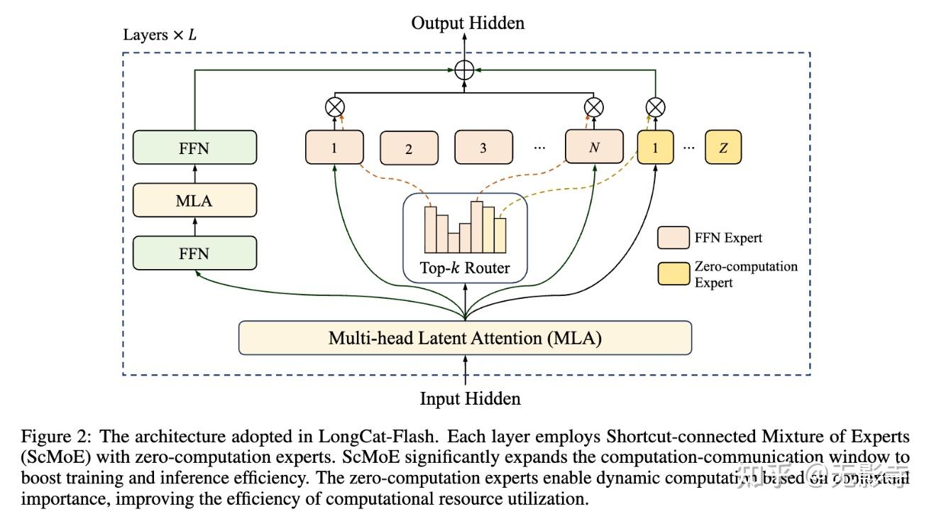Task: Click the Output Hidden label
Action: pyautogui.click(x=468, y=23)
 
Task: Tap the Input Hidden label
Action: pyautogui.click(x=470, y=398)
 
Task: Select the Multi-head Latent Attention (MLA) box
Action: pyautogui.click(x=465, y=338)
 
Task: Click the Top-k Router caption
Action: pyautogui.click(x=465, y=269)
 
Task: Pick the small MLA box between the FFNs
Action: pyautogui.click(x=194, y=200)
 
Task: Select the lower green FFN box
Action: pyautogui.click(x=194, y=253)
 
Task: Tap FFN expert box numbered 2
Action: pyautogui.click(x=408, y=149)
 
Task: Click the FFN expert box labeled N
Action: pyautogui.click(x=594, y=148)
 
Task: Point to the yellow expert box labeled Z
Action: pyautogui.click(x=723, y=148)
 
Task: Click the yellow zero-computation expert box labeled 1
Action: pyautogui.click(x=655, y=148)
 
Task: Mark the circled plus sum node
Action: pyautogui.click(x=464, y=70)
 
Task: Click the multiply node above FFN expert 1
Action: pyautogui.click(x=334, y=107)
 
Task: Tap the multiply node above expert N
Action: pyautogui.click(x=594, y=107)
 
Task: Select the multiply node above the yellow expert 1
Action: pyautogui.click(x=655, y=107)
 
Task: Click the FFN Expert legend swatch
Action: pyautogui.click(x=673, y=238)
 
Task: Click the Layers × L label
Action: pyautogui.click(x=160, y=35)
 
